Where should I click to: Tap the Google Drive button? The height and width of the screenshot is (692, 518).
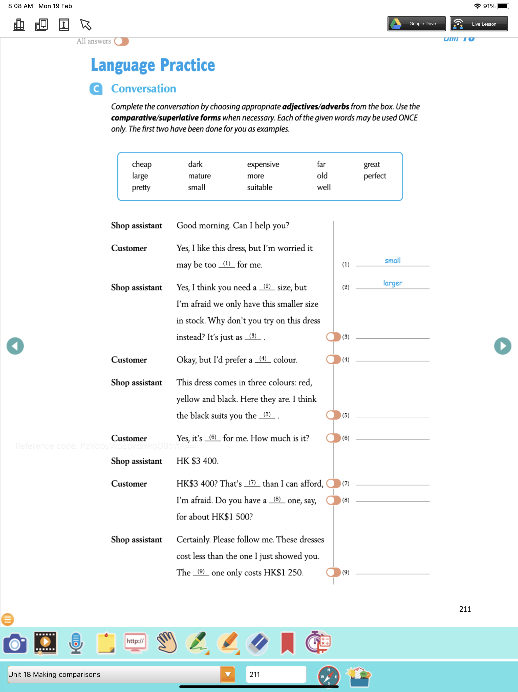coord(416,24)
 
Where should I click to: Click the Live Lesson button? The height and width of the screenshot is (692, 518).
coord(478,24)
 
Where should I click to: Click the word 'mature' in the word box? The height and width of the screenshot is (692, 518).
coord(199,176)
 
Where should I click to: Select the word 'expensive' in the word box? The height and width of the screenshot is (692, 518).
coord(263,164)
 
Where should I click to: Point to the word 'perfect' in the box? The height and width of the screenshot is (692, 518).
coord(375,176)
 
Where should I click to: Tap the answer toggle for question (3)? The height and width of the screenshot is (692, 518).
coord(333,337)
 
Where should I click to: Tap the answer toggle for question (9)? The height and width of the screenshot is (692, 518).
coord(333,572)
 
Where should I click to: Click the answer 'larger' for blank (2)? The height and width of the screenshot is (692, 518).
coord(392,283)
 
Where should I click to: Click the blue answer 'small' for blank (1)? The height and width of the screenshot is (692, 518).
coord(392,261)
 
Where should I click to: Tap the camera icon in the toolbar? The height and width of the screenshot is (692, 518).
coord(15,643)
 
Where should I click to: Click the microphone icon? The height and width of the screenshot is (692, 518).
coord(76,643)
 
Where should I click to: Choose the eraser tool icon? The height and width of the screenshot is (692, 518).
coord(257,643)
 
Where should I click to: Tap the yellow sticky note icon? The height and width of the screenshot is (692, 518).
coord(106,643)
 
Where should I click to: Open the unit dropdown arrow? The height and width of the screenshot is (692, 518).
coord(228,675)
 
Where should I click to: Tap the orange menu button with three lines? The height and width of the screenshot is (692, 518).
coord(8,619)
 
